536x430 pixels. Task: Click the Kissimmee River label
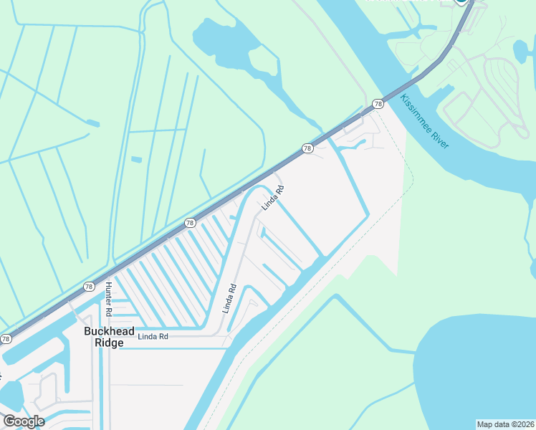(x=425, y=122)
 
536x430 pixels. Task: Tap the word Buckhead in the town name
(x=107, y=332)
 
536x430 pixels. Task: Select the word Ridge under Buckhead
(x=107, y=343)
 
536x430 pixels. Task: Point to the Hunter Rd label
(x=109, y=300)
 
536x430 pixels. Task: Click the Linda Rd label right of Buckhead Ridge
(x=153, y=336)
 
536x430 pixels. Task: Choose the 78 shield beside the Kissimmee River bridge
(x=378, y=105)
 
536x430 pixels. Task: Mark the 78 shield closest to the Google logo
(x=6, y=338)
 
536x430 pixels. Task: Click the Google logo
(x=24, y=421)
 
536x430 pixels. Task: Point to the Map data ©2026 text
(x=505, y=424)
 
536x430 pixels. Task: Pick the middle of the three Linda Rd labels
(x=229, y=300)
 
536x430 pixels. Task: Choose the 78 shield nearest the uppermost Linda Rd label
(x=307, y=148)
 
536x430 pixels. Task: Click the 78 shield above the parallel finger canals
(x=190, y=223)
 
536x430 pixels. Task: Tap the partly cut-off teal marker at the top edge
(x=462, y=2)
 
